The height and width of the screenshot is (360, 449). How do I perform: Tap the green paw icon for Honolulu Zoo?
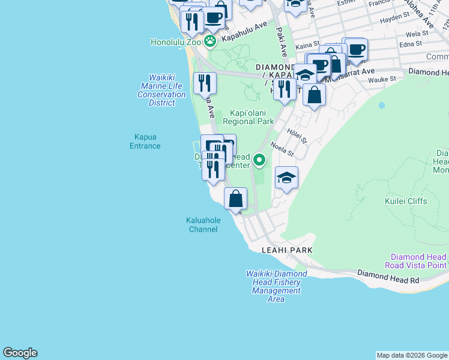coord(210,41)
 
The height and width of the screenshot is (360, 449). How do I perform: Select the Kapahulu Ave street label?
coord(244,32)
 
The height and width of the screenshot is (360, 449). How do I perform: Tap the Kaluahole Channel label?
coord(203,224)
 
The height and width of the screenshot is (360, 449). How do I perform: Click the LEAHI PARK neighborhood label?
coord(287,250)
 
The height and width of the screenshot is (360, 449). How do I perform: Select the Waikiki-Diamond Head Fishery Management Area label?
coord(276,286)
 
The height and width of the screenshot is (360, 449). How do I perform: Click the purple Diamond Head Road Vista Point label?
coord(418,261)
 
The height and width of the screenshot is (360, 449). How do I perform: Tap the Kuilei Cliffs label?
coord(407,201)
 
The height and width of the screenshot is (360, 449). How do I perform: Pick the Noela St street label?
coord(282,149)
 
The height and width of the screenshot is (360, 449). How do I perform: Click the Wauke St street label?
coord(382,79)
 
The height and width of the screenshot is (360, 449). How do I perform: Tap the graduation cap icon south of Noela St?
coord(286,178)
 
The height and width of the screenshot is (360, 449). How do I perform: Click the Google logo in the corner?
coord(20,353)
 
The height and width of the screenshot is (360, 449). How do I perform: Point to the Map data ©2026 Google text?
coord(411,355)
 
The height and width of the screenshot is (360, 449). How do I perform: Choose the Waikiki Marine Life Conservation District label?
coord(161,90)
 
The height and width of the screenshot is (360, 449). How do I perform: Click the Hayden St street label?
coord(394,17)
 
